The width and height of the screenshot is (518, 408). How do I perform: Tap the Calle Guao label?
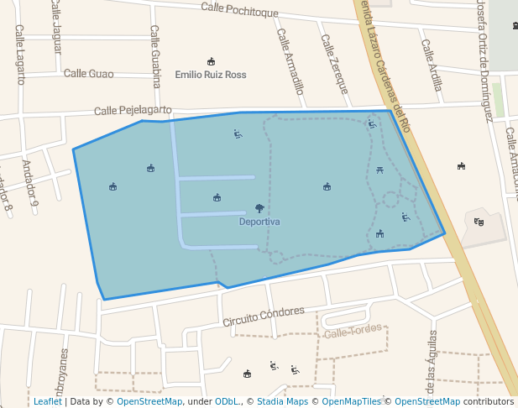88,74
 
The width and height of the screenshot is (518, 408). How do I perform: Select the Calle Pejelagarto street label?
133,110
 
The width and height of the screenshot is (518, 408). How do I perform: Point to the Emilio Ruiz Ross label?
211,75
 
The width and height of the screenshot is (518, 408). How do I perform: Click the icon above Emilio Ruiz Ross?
211,61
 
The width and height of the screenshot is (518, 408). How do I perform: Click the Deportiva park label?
259,222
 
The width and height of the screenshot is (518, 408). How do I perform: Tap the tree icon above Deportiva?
259,208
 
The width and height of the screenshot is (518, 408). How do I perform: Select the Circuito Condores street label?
263,316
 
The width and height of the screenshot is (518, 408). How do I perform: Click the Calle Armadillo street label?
290,60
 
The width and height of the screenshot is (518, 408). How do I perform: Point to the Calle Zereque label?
333,64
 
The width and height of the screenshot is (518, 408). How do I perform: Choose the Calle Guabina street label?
155,56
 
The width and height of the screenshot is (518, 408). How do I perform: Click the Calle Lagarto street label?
20,54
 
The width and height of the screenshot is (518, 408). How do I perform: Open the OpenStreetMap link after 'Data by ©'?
149,401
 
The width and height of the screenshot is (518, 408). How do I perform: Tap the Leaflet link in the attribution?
47,401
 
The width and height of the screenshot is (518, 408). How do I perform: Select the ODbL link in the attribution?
227,401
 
